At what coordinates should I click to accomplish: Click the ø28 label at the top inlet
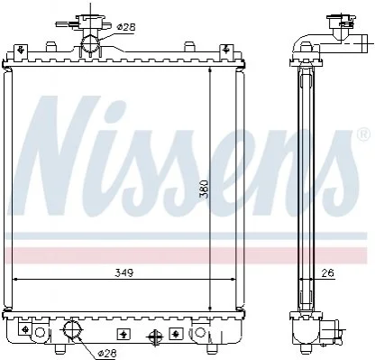coord(126,27)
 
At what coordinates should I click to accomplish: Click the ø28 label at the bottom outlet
coord(106,354)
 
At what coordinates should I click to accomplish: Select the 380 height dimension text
coord(205,189)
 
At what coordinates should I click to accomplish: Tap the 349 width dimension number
coord(124,273)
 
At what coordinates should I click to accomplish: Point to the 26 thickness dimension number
coord(327,273)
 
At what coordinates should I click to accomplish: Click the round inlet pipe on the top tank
coord(91,43)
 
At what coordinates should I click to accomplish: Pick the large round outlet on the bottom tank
coord(72,329)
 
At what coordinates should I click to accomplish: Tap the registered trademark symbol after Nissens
coord(363,134)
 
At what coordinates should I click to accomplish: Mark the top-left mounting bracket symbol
coord(21,50)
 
